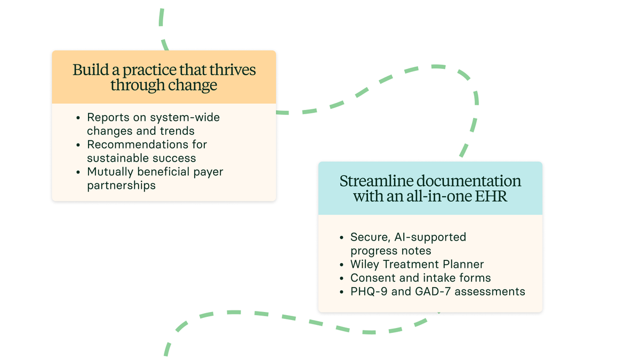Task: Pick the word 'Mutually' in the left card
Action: pos(110,172)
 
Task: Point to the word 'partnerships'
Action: pos(121,186)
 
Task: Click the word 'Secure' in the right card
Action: pos(367,237)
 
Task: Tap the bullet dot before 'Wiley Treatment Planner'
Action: pos(342,265)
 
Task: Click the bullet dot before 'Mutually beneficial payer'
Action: pos(78,172)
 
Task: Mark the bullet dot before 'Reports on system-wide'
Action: pos(78,117)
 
